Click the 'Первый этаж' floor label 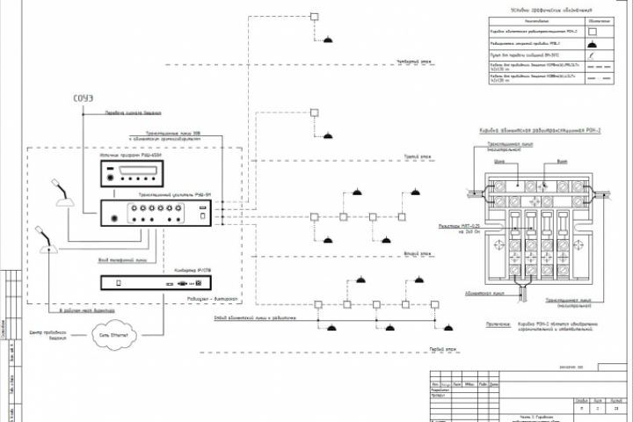[x=429, y=348]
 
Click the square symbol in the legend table [x=593, y=30]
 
